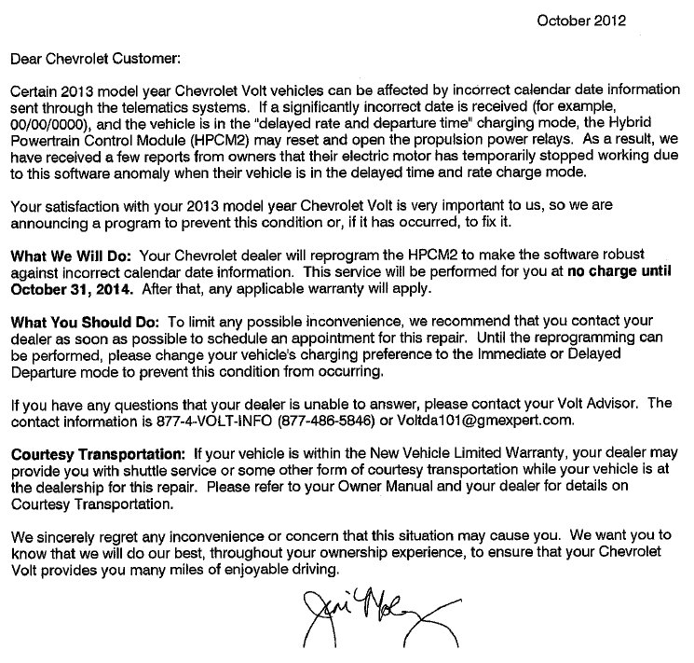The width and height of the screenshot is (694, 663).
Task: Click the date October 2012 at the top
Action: click(x=582, y=20)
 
